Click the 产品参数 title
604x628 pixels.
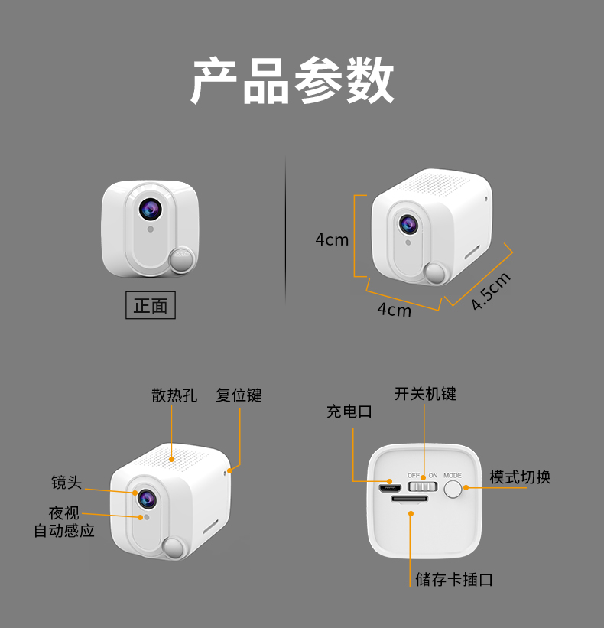click(293, 80)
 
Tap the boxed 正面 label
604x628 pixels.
click(151, 305)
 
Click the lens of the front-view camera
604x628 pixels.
click(151, 209)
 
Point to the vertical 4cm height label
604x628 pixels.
click(332, 239)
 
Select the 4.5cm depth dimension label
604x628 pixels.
click(491, 291)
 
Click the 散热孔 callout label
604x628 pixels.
click(174, 395)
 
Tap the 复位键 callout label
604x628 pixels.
click(239, 395)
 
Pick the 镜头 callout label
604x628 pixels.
click(67, 482)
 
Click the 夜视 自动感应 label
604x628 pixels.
click(64, 522)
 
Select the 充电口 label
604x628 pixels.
click(349, 412)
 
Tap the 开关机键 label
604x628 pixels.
click(425, 394)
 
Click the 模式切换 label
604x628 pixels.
click(520, 477)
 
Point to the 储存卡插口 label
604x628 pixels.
click(454, 580)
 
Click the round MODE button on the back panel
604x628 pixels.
click(453, 490)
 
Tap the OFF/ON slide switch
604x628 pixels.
click(422, 486)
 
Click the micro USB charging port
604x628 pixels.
click(389, 488)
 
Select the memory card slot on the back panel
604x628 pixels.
click(410, 499)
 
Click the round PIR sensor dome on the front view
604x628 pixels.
click(181, 259)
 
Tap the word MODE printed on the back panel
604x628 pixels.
click(453, 476)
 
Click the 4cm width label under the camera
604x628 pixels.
click(394, 310)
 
